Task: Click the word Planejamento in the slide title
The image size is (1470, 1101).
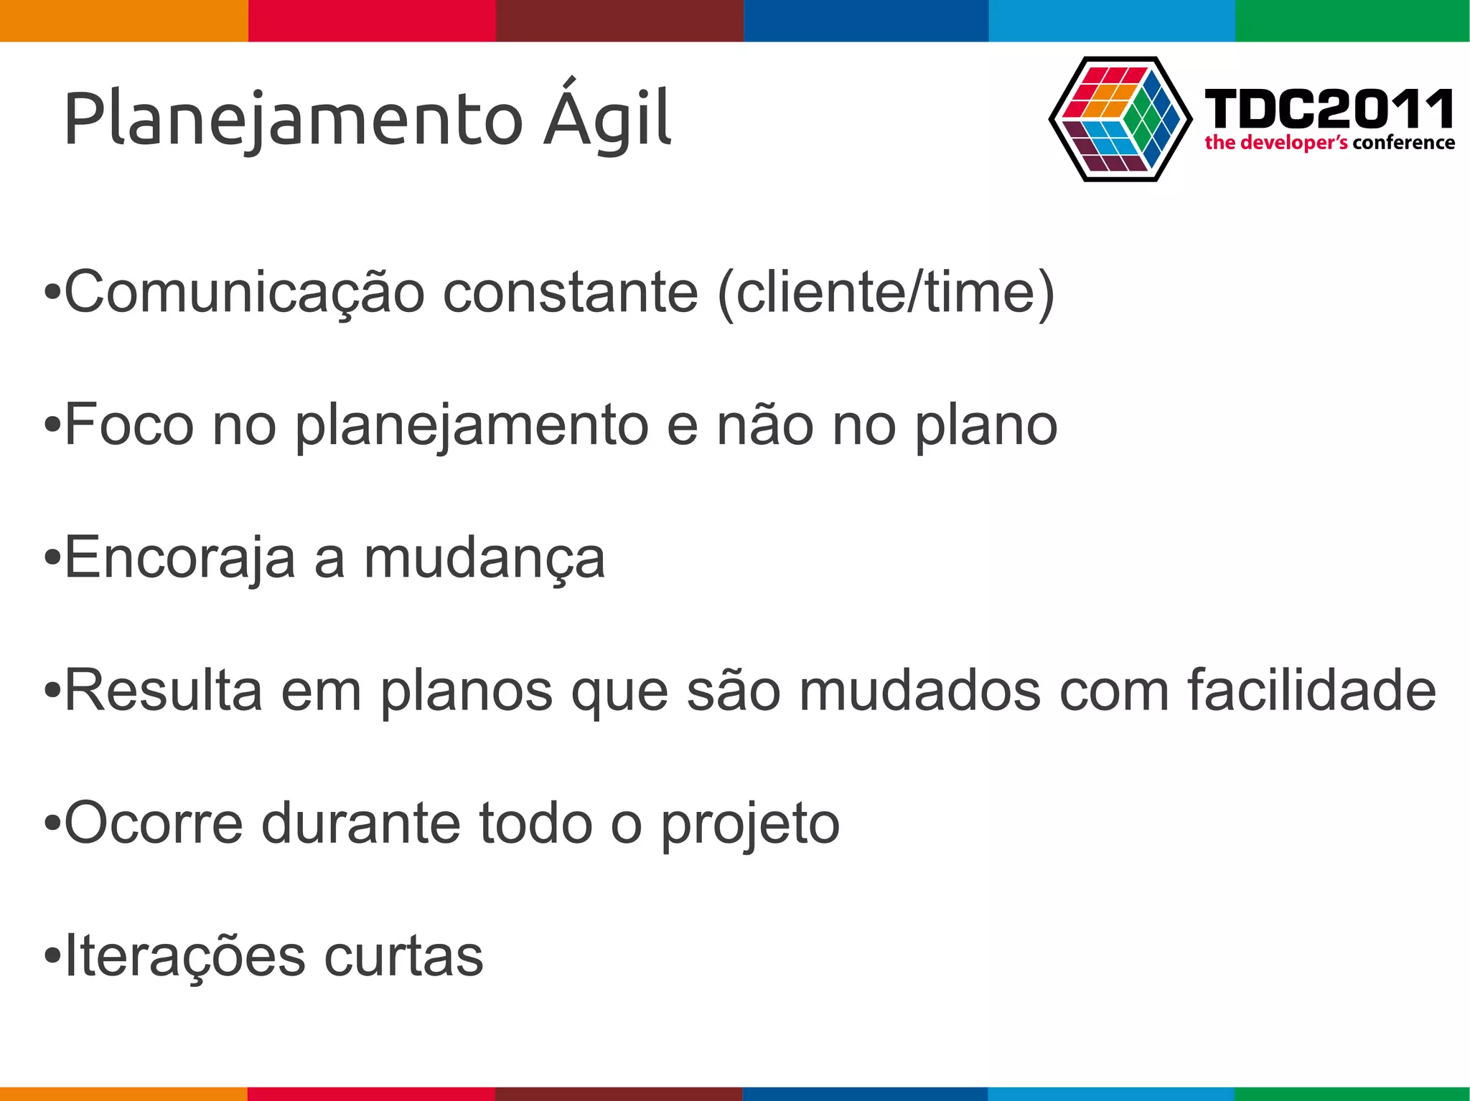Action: tap(293, 119)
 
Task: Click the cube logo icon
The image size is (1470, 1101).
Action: tap(1120, 119)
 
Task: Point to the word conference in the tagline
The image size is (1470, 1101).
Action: tap(1403, 143)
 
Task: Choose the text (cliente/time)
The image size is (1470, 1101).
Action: tap(886, 293)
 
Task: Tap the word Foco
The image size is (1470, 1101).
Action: tap(129, 425)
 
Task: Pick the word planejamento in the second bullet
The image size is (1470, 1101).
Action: tap(472, 426)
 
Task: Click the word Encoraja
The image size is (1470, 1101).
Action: tap(179, 558)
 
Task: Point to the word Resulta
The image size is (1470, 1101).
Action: tap(163, 690)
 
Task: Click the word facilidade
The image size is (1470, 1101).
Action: tap(1311, 690)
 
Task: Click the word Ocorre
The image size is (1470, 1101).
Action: tap(154, 823)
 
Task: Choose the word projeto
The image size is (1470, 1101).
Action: tap(749, 824)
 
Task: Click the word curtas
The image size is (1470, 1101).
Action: tap(403, 955)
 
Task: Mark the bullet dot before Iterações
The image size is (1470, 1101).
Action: tap(52, 957)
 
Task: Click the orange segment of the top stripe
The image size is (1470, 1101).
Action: tap(123, 20)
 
